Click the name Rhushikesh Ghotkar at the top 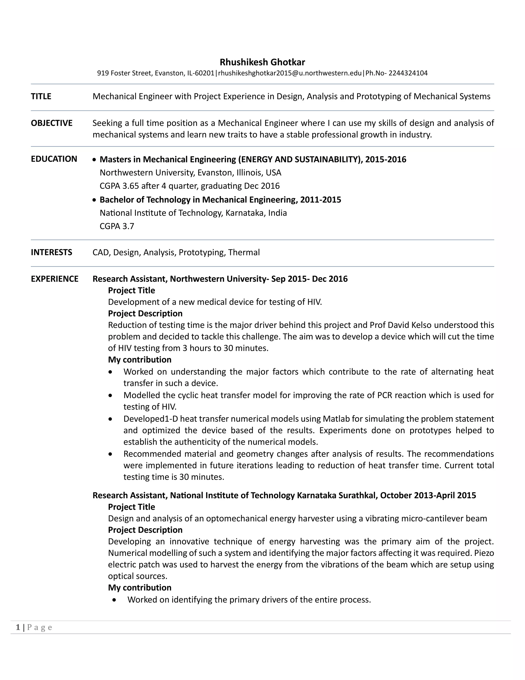click(x=262, y=62)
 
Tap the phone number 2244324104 click(x=408, y=73)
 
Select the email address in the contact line click(x=290, y=73)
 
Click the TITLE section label click(x=41, y=96)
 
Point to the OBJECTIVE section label click(x=52, y=123)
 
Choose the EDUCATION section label click(x=54, y=159)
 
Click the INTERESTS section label click(x=51, y=252)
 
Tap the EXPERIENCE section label click(x=54, y=279)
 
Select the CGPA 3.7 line click(x=117, y=226)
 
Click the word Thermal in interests click(x=244, y=252)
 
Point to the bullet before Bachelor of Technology click(x=95, y=200)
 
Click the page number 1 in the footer click(x=18, y=627)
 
